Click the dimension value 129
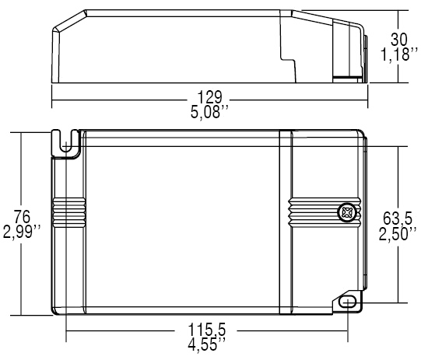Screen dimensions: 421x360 click(209, 97)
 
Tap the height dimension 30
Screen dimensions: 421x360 click(399, 40)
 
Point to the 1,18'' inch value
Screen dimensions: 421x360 click(399, 54)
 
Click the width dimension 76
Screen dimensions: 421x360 click(22, 217)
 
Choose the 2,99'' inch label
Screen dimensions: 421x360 click(22, 232)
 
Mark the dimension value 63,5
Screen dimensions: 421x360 click(398, 218)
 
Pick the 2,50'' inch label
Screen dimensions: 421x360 click(398, 234)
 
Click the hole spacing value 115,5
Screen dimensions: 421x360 click(206, 330)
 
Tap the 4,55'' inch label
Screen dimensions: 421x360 click(206, 344)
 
